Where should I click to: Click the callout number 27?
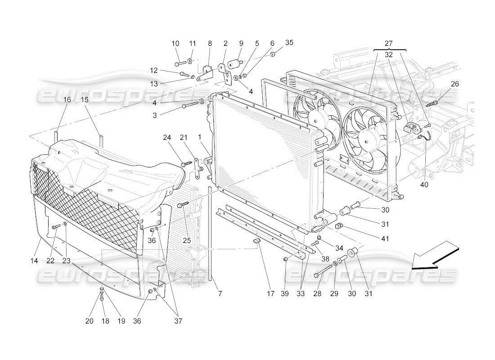point(388,44)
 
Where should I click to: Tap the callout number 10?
point(175,44)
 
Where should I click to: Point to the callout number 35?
point(289,43)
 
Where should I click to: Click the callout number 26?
point(455,84)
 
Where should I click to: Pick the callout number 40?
point(424,184)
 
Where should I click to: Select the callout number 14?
point(34,261)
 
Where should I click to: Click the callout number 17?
point(270,294)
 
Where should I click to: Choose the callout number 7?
point(220,294)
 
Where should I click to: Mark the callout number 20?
point(89,321)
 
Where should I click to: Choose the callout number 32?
point(388,53)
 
